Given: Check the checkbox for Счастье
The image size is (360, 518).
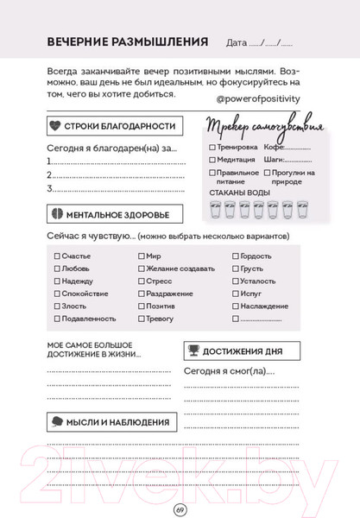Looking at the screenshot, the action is [57, 256].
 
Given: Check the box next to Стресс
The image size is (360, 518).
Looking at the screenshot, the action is [141, 281].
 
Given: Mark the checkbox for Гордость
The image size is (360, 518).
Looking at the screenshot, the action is [235, 256].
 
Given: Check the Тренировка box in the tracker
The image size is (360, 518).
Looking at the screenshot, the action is [212, 147].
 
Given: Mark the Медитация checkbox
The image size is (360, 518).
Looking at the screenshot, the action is [212, 160].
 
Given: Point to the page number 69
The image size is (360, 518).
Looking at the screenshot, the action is [180, 507].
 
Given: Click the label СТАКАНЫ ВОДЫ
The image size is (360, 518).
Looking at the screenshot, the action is [234, 193].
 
